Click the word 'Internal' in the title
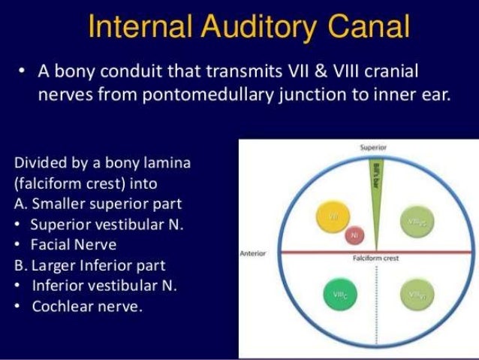pyautogui.click(x=137, y=28)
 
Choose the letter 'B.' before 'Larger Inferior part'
pyautogui.click(x=20, y=265)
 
